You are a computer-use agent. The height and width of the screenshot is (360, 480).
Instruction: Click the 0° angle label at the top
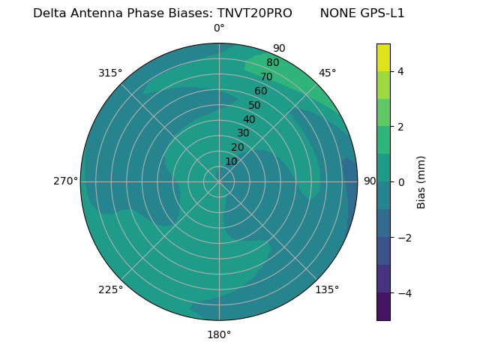click(x=219, y=28)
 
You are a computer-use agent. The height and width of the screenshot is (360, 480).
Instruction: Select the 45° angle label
click(x=327, y=73)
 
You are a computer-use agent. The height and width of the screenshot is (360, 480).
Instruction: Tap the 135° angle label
click(x=327, y=289)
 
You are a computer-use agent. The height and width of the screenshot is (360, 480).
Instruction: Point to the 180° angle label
click(x=219, y=334)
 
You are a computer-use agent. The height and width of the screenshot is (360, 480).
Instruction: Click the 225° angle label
click(x=110, y=289)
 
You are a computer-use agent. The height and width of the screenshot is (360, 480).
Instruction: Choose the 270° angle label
click(x=66, y=181)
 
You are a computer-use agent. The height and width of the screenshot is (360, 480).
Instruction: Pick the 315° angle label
click(x=110, y=73)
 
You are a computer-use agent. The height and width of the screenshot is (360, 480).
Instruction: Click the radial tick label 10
click(x=231, y=161)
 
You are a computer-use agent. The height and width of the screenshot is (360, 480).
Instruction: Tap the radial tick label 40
click(x=249, y=119)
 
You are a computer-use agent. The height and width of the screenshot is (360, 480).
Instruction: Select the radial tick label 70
click(x=266, y=76)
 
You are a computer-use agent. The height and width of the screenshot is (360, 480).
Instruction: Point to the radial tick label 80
click(x=272, y=62)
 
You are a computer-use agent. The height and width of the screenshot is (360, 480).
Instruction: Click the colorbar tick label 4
click(x=400, y=71)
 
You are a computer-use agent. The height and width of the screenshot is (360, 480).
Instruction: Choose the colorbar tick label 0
click(x=400, y=181)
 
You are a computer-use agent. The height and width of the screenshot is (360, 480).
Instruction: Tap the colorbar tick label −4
click(x=401, y=292)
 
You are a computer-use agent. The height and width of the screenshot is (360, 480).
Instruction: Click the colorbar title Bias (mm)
click(x=421, y=181)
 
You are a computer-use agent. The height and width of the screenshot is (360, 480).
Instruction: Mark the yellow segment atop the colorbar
click(x=383, y=57)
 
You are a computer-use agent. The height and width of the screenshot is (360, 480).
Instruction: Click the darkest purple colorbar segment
click(x=383, y=307)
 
